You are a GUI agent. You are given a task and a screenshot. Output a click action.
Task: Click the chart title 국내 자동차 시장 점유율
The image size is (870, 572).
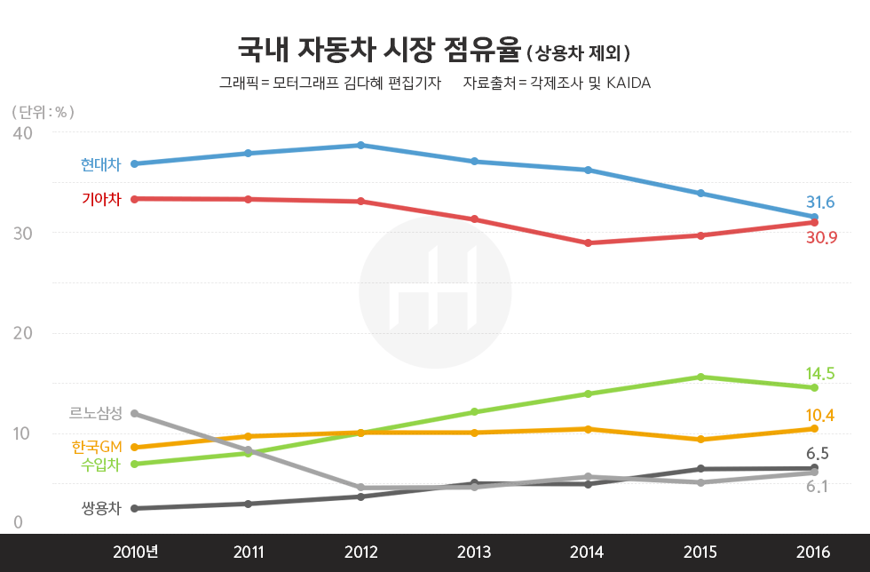pyautogui.click(x=378, y=49)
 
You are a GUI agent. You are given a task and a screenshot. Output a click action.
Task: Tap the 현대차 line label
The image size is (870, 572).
pyautogui.click(x=100, y=164)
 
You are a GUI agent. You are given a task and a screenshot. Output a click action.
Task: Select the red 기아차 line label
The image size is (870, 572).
pyautogui.click(x=100, y=199)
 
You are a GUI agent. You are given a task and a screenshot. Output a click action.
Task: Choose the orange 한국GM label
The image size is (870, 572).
pyautogui.click(x=96, y=446)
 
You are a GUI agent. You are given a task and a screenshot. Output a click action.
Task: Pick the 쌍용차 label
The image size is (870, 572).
pyautogui.click(x=100, y=508)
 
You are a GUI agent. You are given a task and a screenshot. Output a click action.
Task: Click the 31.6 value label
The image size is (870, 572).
pyautogui.click(x=820, y=202)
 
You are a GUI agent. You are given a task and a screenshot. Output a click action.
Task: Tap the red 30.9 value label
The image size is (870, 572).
pyautogui.click(x=820, y=238)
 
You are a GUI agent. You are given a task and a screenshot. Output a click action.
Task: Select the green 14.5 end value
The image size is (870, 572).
pyautogui.click(x=820, y=373)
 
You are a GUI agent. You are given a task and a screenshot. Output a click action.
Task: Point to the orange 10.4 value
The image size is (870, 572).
pyautogui.click(x=820, y=415)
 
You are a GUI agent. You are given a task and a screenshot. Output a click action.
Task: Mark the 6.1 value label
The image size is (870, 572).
pyautogui.click(x=818, y=486)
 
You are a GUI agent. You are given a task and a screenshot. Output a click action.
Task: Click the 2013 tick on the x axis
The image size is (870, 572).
pyautogui.click(x=474, y=552)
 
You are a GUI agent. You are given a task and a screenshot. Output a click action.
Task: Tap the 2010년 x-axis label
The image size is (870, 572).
pyautogui.click(x=135, y=552)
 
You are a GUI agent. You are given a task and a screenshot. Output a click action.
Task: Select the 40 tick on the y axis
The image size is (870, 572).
pyautogui.click(x=23, y=132)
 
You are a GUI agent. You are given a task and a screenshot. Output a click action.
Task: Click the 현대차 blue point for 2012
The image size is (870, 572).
pyautogui.click(x=360, y=145)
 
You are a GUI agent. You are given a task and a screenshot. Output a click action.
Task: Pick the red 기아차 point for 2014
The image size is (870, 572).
pyautogui.click(x=588, y=242)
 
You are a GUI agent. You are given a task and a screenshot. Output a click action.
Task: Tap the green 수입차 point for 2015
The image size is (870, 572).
pyautogui.click(x=701, y=377)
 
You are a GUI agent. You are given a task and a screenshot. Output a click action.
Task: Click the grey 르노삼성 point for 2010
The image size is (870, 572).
pyautogui.click(x=134, y=413)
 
